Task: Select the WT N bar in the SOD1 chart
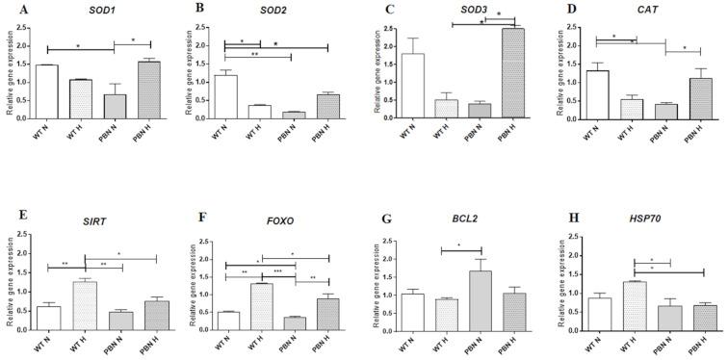coord(46,91)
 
